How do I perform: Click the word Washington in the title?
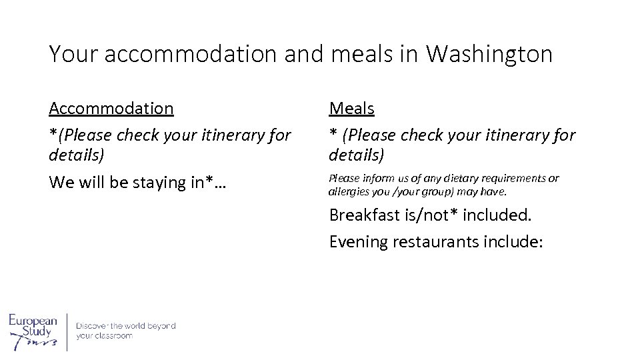[x=489, y=54]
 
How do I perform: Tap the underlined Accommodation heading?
[x=111, y=107]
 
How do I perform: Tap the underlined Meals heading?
[x=351, y=107]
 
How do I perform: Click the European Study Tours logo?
[x=33, y=331]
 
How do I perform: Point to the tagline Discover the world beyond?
[x=125, y=326]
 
